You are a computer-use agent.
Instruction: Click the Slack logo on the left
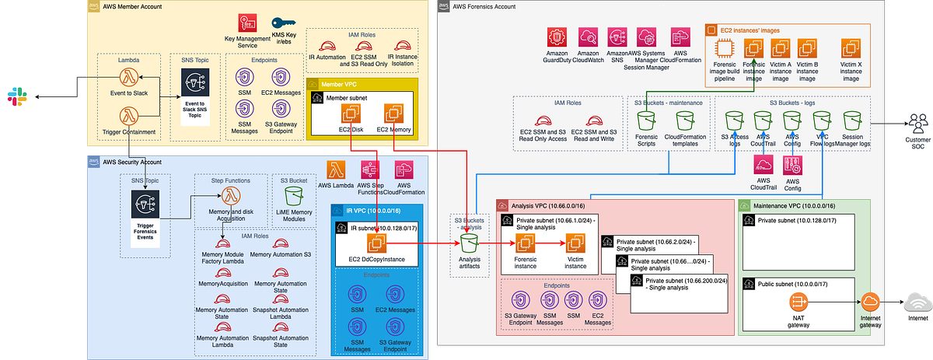[13, 96]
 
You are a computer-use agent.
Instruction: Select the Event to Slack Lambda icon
[128, 78]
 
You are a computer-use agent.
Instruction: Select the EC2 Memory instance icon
[393, 113]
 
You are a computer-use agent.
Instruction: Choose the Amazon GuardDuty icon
[557, 37]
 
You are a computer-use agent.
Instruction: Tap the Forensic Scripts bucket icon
[647, 121]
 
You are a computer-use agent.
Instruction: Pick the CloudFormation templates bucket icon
[685, 121]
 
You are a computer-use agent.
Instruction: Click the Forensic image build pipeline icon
[726, 48]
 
